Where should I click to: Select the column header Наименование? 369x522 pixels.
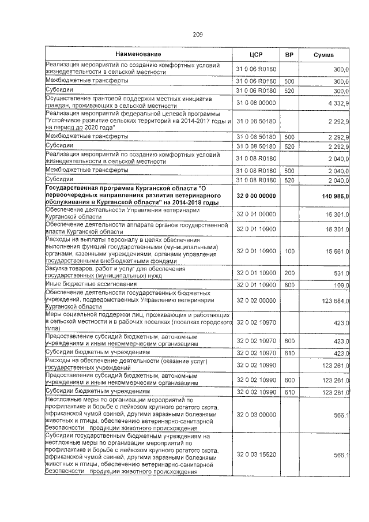pyautogui.click(x=137, y=54)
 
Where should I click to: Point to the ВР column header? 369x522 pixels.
pyautogui.click(x=290, y=54)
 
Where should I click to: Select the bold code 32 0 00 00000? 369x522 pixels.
pyautogui.click(x=257, y=196)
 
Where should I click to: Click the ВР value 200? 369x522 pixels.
pyautogui.click(x=289, y=273)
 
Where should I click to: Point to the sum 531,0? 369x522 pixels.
pyautogui.click(x=341, y=273)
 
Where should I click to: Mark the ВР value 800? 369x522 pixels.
pyautogui.click(x=289, y=285)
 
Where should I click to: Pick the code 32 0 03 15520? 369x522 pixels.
pyautogui.click(x=257, y=455)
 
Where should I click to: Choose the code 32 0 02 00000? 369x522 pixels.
pyautogui.click(x=257, y=301)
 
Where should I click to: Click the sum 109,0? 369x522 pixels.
pyautogui.click(x=341, y=285)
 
